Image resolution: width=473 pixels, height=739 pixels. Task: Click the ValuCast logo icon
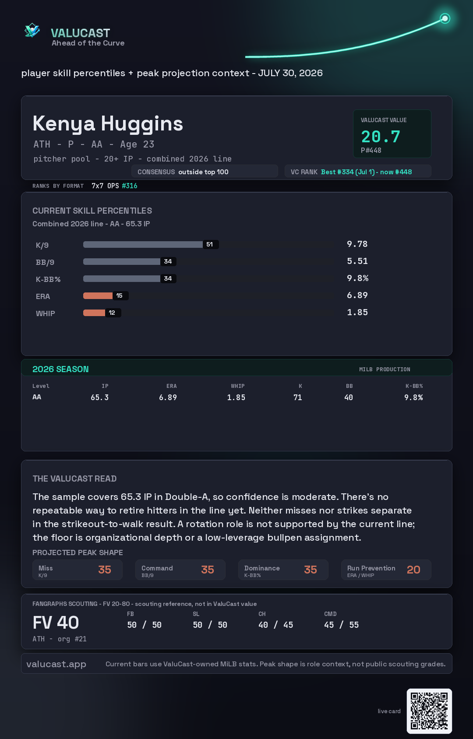(x=32, y=30)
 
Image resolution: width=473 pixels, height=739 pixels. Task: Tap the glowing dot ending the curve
(x=445, y=18)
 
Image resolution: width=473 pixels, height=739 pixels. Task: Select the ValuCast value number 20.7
(x=381, y=137)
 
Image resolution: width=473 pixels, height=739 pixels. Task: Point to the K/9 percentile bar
(x=143, y=244)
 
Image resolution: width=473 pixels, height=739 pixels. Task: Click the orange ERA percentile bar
(x=98, y=296)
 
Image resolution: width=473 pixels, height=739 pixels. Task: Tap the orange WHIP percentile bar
(x=94, y=313)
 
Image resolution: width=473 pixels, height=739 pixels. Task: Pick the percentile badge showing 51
(x=210, y=244)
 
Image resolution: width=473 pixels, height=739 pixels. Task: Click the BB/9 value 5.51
(x=357, y=261)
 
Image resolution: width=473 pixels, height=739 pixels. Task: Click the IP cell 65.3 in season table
(x=100, y=398)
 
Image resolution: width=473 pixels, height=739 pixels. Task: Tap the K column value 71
(x=298, y=398)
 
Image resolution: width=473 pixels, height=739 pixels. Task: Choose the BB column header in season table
(x=349, y=386)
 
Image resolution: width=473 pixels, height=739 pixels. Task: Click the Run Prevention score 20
(x=413, y=570)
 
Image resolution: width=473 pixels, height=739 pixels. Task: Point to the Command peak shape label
(x=157, y=568)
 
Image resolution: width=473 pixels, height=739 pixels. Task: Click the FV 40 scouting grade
(x=56, y=623)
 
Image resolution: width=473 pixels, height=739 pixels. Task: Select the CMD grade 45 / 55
(x=341, y=625)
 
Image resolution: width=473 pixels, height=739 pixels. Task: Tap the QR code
(x=429, y=711)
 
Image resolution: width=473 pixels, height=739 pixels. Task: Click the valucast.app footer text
(x=56, y=664)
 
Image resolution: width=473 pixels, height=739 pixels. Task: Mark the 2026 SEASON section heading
(x=60, y=369)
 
